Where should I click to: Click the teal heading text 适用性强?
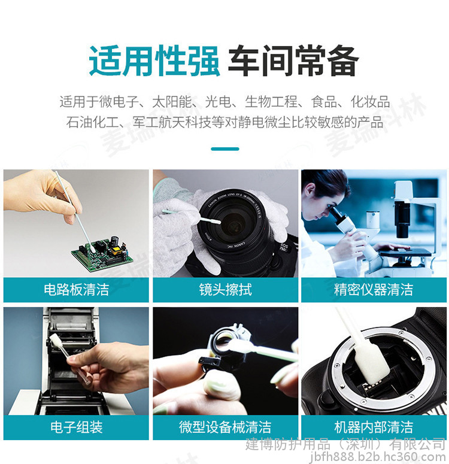(154, 61)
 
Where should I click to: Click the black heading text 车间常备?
(293, 61)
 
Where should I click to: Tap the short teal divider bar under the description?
(225, 149)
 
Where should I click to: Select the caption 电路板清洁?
(77, 289)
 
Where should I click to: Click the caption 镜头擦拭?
(225, 289)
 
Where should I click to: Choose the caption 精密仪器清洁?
(374, 289)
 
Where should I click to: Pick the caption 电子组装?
(77, 427)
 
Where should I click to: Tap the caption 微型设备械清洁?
(225, 427)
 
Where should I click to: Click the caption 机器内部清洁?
(374, 427)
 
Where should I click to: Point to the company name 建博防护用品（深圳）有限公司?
(345, 444)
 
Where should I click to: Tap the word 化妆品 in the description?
(370, 102)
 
